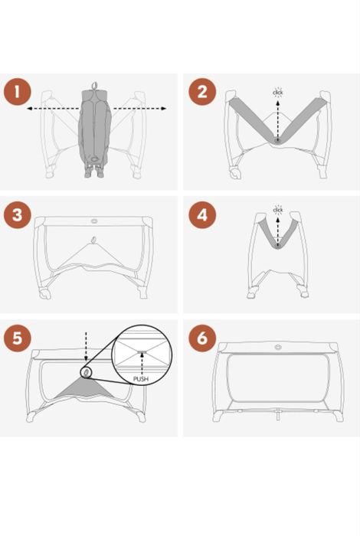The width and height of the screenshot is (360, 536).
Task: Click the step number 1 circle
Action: pos(18,92)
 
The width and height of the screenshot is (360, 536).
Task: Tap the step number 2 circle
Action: pos(202,92)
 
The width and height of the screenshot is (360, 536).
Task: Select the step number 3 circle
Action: pos(18,215)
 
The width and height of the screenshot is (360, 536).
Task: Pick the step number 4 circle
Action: pos(202,215)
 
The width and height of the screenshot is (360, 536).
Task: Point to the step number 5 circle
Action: pos(18,338)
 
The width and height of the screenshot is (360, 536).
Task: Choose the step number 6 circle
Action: pos(202,338)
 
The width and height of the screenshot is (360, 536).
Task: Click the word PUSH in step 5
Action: pos(141,379)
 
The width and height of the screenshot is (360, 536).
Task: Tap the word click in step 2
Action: pos(278,93)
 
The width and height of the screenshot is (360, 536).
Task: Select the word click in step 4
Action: pos(278,210)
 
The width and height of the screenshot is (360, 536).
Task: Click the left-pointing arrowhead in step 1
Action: pos(29,109)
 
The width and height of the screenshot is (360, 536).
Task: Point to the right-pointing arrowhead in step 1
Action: pos(164,109)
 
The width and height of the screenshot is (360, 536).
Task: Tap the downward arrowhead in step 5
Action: pos(86,358)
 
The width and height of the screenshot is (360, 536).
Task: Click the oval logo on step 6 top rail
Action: pos(278,348)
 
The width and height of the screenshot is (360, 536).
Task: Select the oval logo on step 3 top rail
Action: pos(93,221)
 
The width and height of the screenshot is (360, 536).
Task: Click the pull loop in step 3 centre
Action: pos(93,240)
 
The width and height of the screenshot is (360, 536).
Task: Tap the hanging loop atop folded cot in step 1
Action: pos(94,85)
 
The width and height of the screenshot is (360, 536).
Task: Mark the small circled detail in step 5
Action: pos(86,372)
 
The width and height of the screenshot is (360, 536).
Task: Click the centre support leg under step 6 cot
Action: pos(280,415)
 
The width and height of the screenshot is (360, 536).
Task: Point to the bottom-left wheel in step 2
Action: pos(235,173)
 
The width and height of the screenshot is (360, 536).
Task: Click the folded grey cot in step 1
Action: pos(95,132)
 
